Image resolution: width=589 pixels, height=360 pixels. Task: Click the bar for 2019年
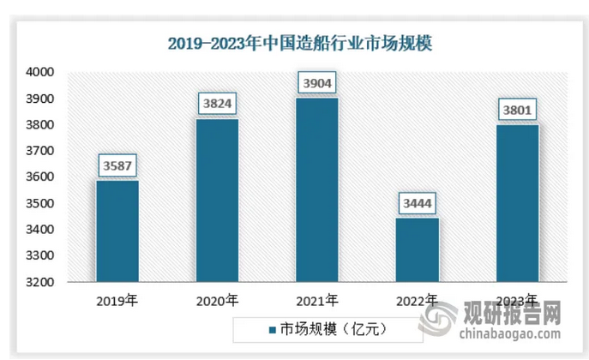[x=117, y=231]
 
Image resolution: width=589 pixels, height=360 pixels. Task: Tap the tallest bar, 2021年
[x=317, y=189]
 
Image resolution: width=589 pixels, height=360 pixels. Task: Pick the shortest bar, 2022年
[x=418, y=249]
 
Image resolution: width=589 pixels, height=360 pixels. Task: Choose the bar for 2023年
[x=518, y=203]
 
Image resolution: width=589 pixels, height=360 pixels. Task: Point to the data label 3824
[x=217, y=104]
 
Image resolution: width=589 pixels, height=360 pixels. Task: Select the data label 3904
[x=317, y=83]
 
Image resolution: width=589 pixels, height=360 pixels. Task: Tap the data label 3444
[x=418, y=203]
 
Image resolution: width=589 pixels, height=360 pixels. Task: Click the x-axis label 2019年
[x=117, y=301]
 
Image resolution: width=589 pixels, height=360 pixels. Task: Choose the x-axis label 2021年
[x=317, y=301]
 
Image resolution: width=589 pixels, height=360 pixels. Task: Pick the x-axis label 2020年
[x=217, y=301]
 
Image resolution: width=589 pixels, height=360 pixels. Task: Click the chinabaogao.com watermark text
[x=510, y=327]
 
